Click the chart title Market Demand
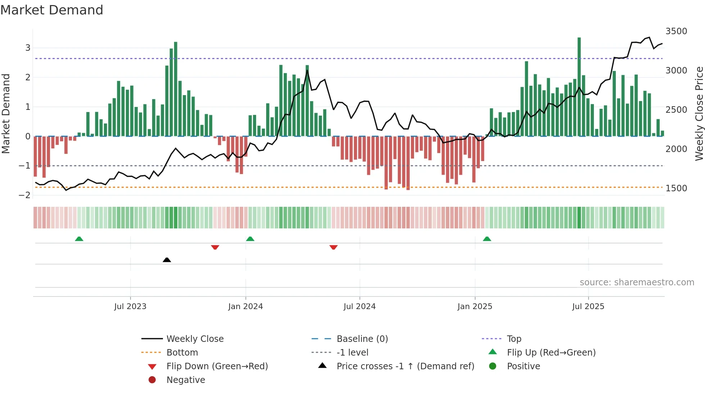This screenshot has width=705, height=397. tap(51, 10)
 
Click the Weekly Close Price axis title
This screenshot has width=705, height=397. tap(699, 113)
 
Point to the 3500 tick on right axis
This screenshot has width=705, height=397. tap(676, 31)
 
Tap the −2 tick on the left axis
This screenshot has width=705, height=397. tap(24, 195)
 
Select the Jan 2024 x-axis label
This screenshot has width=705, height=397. tap(245, 307)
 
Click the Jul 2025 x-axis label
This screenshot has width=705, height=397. tap(588, 307)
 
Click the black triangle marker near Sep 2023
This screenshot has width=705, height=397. tap(167, 260)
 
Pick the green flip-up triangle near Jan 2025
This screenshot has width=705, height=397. tap(487, 239)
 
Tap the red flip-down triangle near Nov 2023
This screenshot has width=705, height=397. tap(215, 247)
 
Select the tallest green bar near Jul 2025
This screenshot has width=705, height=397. tap(579, 86)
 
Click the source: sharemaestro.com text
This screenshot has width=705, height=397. tap(637, 282)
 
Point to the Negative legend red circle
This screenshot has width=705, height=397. tap(152, 380)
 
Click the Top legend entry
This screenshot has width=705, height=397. tap(514, 339)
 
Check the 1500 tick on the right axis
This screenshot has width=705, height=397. tap(676, 188)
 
